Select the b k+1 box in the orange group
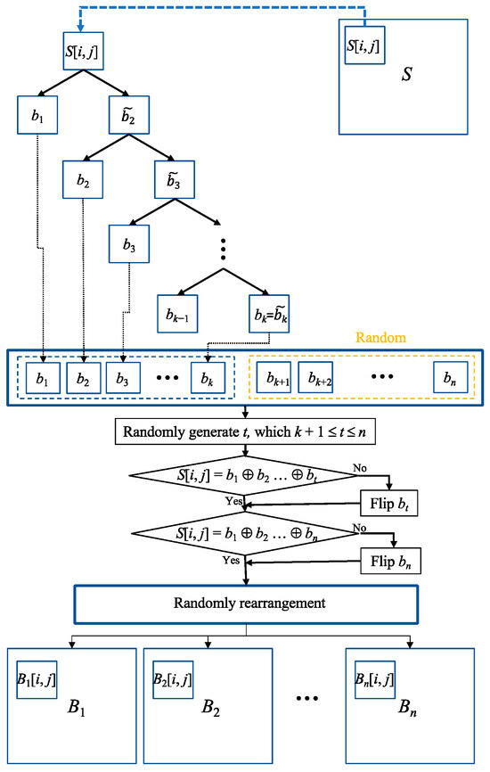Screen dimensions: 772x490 [275, 379]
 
